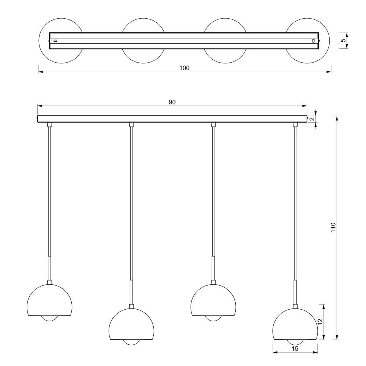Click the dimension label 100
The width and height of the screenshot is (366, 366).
pos(184,68)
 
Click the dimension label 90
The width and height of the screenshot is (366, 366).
pos(172,102)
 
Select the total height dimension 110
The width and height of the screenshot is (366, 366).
pos(333,227)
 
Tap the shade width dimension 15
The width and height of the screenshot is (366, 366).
pos(295,349)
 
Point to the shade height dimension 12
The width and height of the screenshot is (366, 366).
pos(320,322)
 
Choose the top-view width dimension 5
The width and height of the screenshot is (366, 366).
pos(343,40)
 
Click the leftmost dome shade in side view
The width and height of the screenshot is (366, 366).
pos(49,300)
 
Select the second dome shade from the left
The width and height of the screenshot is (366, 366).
pos(131,324)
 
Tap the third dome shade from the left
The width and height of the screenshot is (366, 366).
pos(213,300)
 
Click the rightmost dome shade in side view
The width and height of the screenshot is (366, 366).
pos(295,324)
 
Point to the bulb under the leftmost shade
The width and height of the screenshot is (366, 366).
pos(49,319)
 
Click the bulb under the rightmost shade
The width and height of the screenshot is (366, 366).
pos(295,343)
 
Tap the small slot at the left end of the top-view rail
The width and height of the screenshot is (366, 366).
pos(56,41)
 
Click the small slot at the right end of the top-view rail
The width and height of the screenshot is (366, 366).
pos(314,41)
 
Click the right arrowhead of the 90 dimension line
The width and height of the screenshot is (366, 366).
pos(305,106)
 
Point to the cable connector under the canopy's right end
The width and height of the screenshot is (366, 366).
pos(295,124)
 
